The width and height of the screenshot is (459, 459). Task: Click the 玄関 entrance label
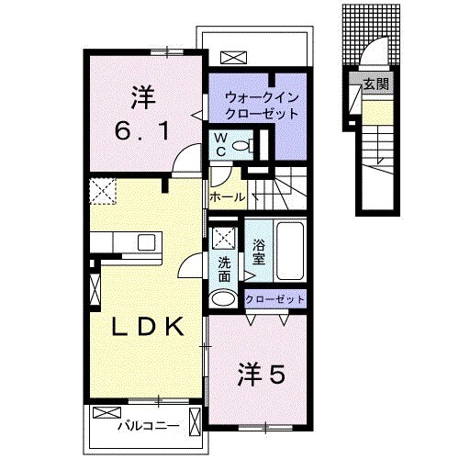click(375, 85)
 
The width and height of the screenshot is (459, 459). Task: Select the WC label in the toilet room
click(220, 143)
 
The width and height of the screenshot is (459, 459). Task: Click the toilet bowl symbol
click(241, 145)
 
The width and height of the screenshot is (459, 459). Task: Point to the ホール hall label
click(228, 197)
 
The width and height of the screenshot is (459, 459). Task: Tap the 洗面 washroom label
click(224, 268)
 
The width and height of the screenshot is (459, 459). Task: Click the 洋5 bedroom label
click(263, 375)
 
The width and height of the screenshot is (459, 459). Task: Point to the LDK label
click(144, 328)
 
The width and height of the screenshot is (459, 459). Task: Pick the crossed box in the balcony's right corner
click(194, 421)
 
